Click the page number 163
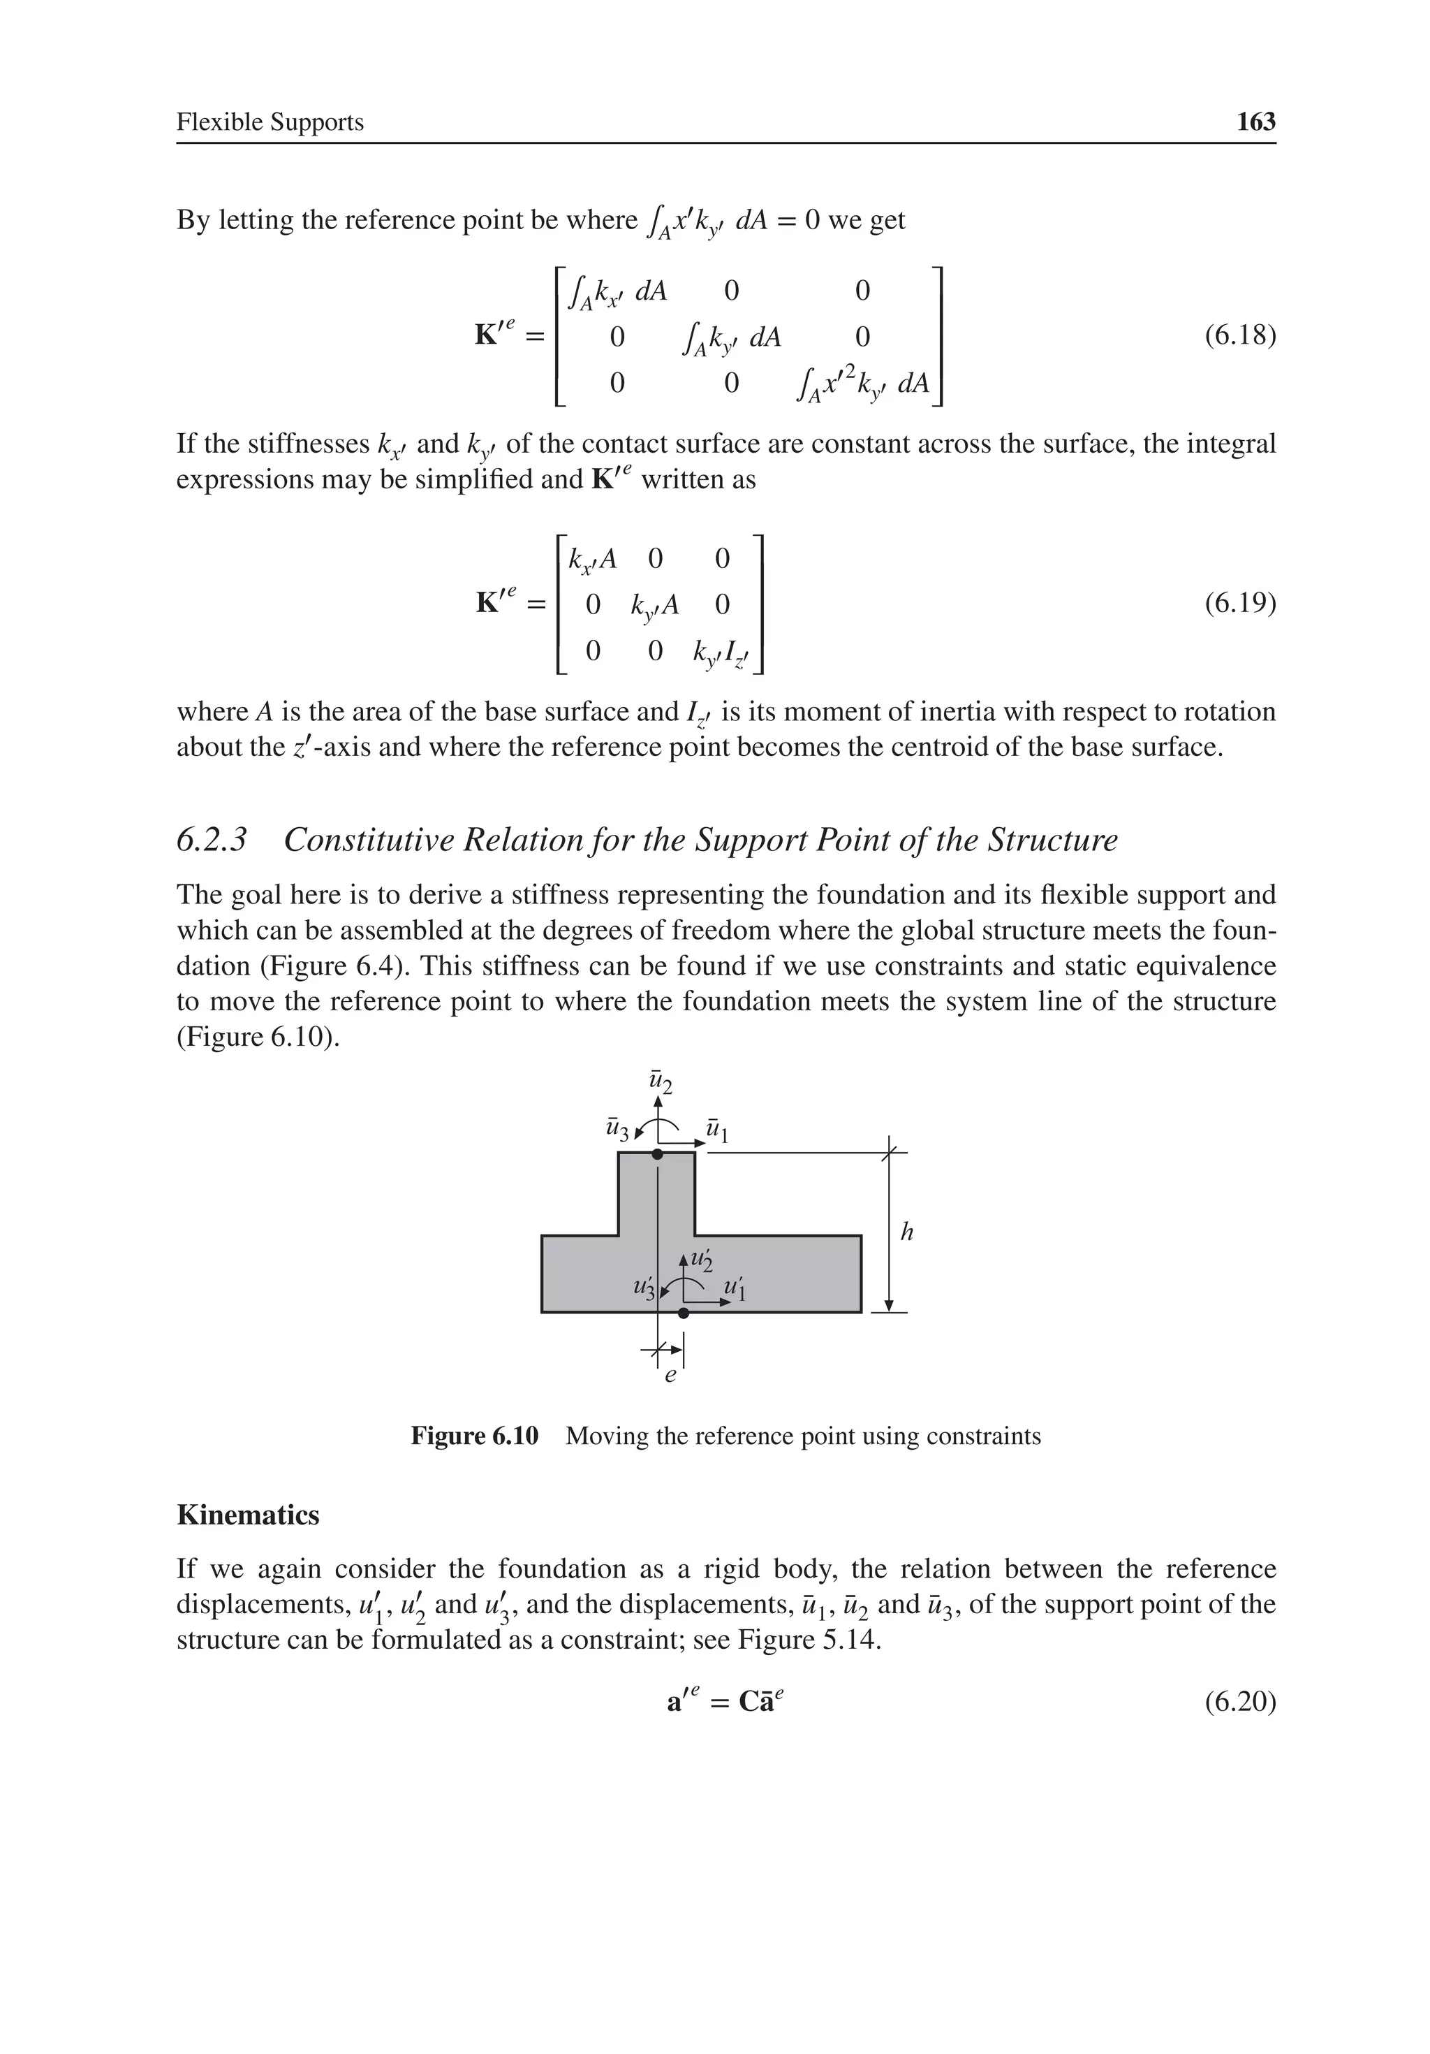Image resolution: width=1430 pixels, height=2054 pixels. tap(1255, 122)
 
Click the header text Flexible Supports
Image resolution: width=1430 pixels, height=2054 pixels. tap(270, 122)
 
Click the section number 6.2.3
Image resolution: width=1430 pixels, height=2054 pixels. tap(211, 840)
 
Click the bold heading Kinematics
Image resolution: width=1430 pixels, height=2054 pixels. tap(248, 1515)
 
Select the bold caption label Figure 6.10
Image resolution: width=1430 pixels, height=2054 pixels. tap(474, 1436)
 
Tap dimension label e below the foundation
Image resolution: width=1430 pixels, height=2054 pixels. tap(671, 1376)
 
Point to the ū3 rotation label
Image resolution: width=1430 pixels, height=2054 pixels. tap(617, 1130)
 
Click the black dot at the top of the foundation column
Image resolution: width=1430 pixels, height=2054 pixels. tap(657, 1154)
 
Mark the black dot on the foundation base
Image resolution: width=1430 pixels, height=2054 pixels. tap(684, 1312)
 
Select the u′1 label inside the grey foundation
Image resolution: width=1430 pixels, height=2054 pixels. tap(735, 1288)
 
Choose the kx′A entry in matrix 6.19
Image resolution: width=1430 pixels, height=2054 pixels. tap(593, 559)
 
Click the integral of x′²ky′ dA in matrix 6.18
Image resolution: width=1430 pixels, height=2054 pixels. tap(864, 383)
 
